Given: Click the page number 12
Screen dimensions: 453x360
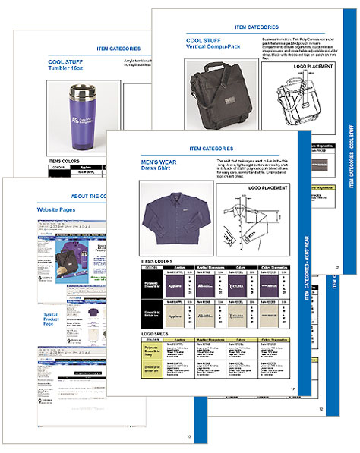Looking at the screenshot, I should [321, 410].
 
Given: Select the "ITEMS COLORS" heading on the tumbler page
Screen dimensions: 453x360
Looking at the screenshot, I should [65, 162].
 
